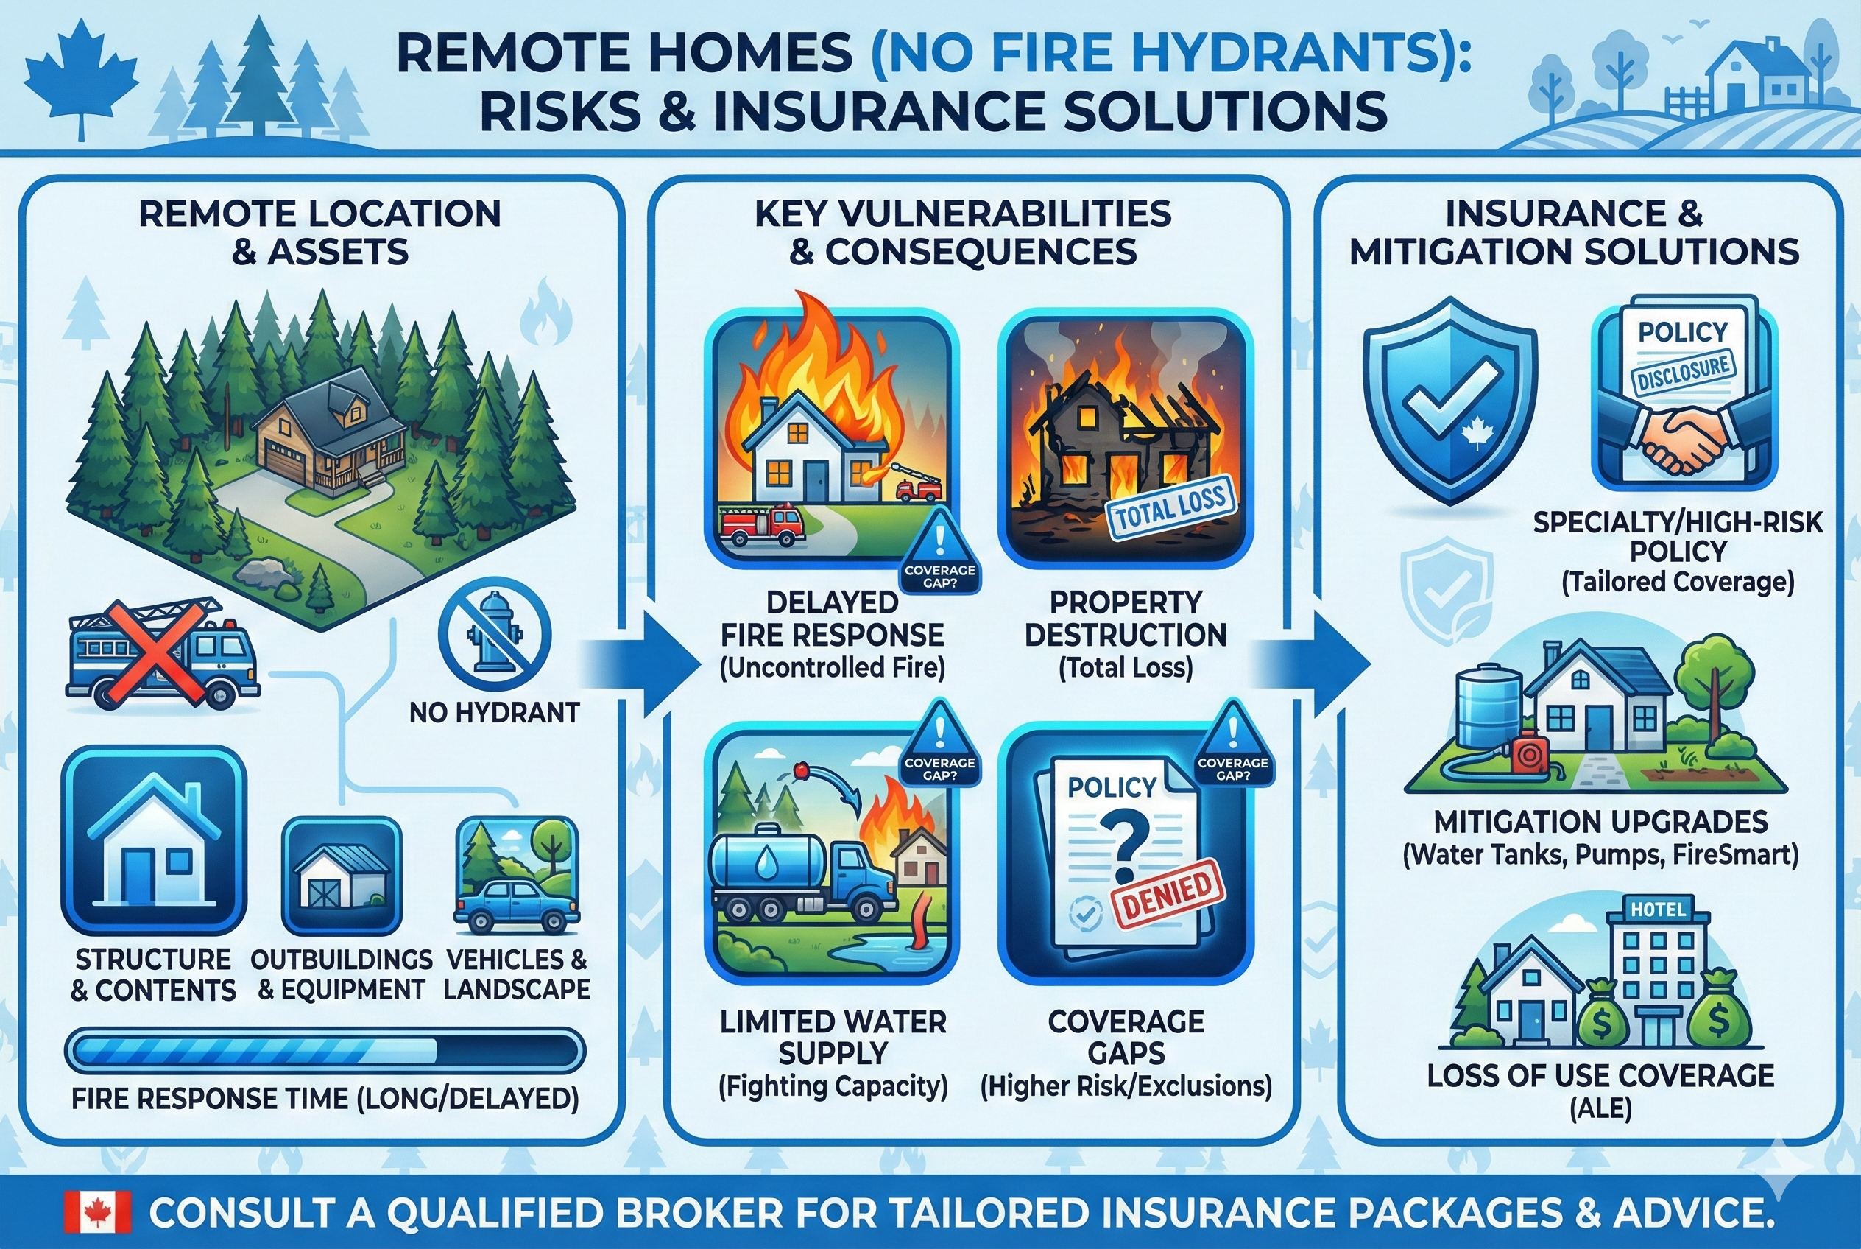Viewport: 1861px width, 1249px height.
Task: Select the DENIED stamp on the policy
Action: (1168, 894)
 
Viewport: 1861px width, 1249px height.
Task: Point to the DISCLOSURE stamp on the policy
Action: (1683, 373)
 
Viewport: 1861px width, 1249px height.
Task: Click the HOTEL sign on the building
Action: (1658, 909)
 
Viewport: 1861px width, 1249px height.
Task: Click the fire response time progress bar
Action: (325, 1051)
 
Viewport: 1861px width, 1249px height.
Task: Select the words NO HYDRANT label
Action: (494, 712)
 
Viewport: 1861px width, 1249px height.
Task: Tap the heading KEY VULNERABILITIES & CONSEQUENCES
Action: (963, 233)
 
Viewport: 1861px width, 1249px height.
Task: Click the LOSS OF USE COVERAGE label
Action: (1600, 1075)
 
